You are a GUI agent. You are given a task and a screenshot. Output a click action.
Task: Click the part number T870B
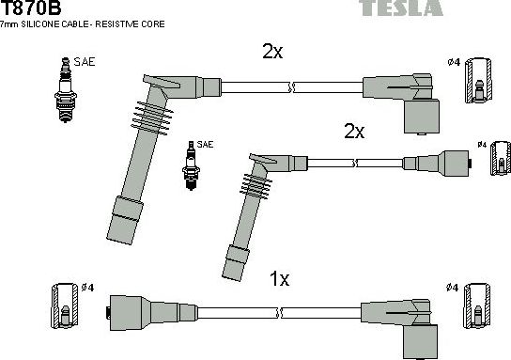32,8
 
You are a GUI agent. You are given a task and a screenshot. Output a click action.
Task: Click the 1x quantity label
279,278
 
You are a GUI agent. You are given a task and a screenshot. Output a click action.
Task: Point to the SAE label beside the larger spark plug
85,62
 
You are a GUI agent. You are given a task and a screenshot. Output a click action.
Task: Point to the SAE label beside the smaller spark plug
205,144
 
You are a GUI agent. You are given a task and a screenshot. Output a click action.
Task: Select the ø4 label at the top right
454,62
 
